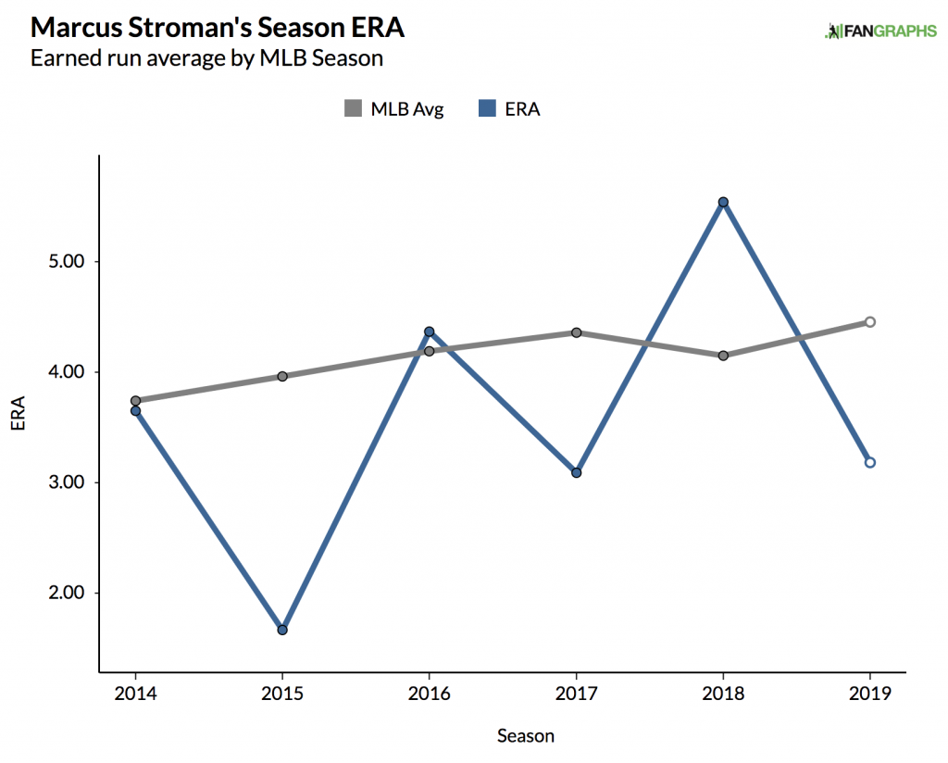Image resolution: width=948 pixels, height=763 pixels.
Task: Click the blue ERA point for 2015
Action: [282, 630]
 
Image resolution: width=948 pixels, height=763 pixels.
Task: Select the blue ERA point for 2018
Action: [723, 202]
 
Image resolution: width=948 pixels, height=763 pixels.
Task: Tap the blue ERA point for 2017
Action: [576, 472]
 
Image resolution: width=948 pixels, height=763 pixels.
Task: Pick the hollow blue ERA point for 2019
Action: [870, 462]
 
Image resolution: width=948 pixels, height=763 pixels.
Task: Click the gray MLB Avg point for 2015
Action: [282, 376]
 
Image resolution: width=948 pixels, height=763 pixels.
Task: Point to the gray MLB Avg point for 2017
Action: [576, 332]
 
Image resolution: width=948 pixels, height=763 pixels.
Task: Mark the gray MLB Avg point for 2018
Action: [723, 356]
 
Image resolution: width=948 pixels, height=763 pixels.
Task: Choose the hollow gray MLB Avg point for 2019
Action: [870, 321]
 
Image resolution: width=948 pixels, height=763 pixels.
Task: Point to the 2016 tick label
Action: [429, 694]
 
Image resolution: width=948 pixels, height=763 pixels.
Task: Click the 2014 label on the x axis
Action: [135, 694]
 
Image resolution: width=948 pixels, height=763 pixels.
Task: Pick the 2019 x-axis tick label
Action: [870, 694]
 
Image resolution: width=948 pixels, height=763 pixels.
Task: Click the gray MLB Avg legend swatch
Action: [353, 109]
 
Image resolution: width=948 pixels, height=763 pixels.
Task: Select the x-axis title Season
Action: [526, 736]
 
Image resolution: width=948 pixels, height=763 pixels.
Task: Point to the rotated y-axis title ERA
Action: [19, 413]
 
